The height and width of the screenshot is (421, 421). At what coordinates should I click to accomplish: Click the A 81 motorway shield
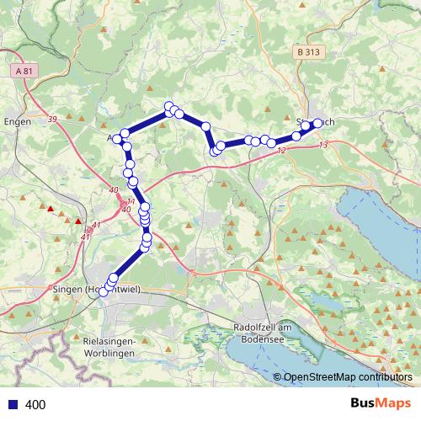(24, 72)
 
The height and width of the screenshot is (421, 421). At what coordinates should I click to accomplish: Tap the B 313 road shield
(309, 52)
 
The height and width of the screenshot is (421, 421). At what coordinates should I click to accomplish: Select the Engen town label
(17, 121)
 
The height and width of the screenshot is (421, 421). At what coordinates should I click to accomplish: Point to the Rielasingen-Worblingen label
(115, 346)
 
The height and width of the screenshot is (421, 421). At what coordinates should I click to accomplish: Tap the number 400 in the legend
(35, 405)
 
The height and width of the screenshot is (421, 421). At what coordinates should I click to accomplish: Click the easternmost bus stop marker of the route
(318, 124)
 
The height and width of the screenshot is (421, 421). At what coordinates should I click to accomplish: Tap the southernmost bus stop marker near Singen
(104, 291)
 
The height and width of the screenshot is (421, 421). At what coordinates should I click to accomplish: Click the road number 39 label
(52, 120)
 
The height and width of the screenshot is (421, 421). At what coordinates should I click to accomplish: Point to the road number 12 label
(280, 150)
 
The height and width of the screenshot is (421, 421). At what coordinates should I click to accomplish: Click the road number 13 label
(324, 144)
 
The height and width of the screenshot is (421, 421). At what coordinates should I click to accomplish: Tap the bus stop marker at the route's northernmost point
(169, 106)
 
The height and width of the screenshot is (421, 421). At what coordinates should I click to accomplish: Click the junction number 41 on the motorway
(96, 225)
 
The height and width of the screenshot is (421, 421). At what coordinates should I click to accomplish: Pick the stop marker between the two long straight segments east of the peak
(205, 125)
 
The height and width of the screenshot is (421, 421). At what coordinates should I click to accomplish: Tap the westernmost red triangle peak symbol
(51, 209)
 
